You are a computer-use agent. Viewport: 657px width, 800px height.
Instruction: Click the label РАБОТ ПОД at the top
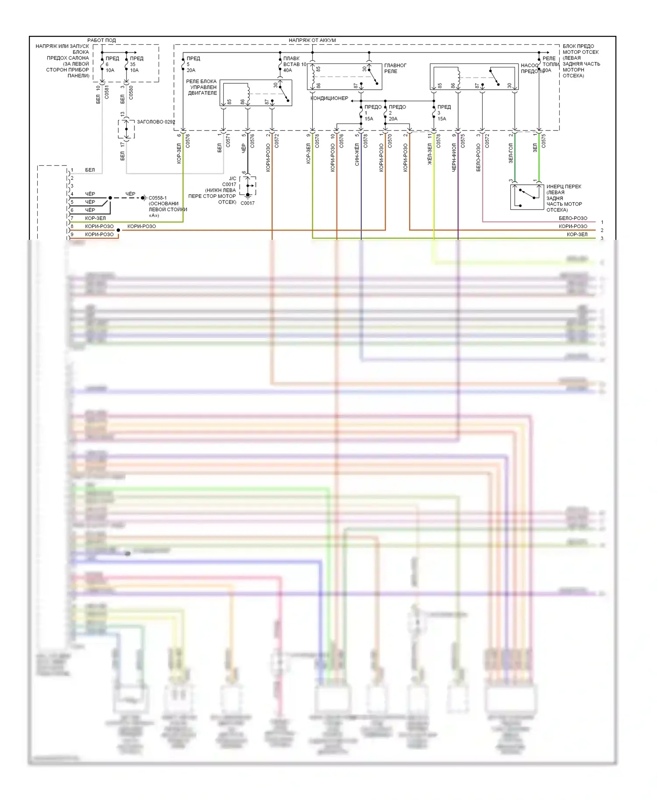[102, 40]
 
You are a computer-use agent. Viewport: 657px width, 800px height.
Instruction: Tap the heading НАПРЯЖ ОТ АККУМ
[312, 40]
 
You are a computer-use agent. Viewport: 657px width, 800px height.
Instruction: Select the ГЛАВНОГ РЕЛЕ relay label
[395, 68]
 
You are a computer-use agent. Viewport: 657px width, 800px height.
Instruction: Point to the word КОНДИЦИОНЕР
[329, 98]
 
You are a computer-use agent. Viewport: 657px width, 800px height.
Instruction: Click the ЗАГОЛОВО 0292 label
[155, 122]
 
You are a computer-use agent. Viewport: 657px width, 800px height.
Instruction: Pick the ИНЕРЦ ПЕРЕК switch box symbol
[527, 197]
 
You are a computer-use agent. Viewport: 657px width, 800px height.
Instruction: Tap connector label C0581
[107, 93]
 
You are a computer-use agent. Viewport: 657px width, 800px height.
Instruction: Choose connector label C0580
[131, 93]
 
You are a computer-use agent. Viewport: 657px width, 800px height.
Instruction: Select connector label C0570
[390, 141]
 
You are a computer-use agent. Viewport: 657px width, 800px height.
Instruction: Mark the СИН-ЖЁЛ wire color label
[357, 154]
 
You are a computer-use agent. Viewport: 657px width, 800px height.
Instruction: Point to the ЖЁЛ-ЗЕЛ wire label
[430, 154]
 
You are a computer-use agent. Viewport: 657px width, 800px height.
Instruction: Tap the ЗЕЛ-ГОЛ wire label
[511, 153]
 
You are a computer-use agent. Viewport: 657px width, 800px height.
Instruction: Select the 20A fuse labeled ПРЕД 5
[191, 64]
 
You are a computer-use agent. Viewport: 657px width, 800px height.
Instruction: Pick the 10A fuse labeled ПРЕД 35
[134, 64]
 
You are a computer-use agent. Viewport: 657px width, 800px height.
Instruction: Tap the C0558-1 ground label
[158, 198]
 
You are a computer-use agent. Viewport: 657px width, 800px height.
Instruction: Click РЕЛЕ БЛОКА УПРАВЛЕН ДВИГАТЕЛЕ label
[201, 87]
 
